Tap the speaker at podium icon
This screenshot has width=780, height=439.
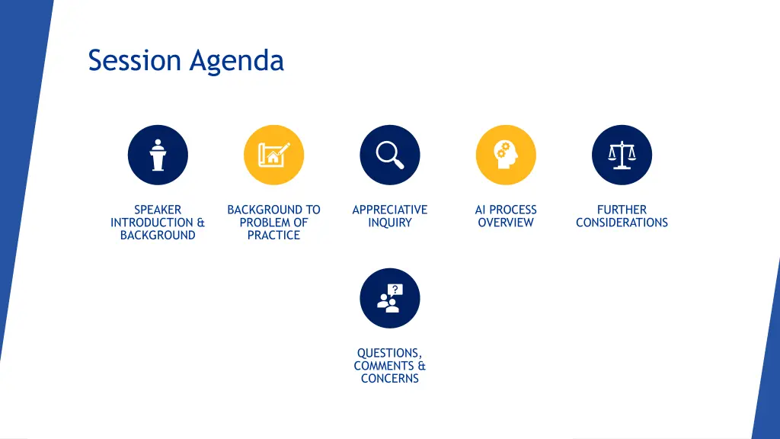click(x=158, y=155)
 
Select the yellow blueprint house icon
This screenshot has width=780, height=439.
click(x=273, y=155)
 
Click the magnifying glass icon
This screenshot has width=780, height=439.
click(x=389, y=155)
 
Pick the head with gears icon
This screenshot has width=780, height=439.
click(x=506, y=155)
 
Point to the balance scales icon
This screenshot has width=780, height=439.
click(x=622, y=155)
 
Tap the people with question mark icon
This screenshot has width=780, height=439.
click(x=389, y=298)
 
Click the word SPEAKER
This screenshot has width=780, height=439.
click(x=158, y=210)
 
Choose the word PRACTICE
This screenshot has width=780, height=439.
click(x=273, y=236)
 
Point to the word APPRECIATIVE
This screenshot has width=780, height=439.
click(x=389, y=210)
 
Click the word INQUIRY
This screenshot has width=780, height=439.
click(x=389, y=223)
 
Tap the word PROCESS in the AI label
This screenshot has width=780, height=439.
click(x=513, y=210)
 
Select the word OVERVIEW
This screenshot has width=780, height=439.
click(x=506, y=223)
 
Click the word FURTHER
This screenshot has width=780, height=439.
click(x=622, y=210)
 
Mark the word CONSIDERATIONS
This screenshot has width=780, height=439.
click(x=622, y=223)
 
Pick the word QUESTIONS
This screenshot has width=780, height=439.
click(x=388, y=353)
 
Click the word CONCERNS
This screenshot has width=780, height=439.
click(x=389, y=379)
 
